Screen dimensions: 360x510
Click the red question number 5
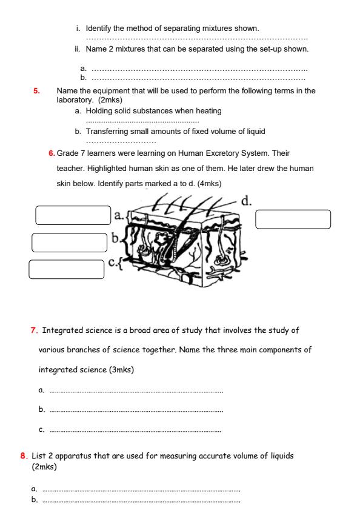[36, 91]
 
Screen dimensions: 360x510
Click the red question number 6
[52, 153]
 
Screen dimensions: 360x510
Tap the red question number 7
[33, 330]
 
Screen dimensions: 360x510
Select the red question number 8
[23, 455]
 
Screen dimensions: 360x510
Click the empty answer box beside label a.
[73, 215]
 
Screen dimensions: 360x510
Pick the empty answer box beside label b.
[69, 242]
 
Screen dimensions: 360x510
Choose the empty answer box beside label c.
[66, 269]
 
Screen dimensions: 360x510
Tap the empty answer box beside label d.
[293, 219]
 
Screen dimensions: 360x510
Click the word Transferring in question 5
[107, 131]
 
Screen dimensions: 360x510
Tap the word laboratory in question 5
[75, 99]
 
